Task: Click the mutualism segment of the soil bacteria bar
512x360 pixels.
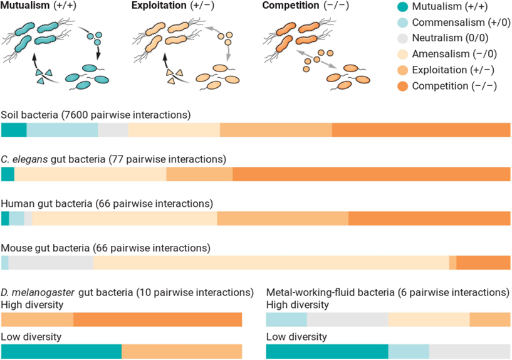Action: click(x=14, y=130)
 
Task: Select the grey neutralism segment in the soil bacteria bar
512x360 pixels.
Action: click(x=113, y=130)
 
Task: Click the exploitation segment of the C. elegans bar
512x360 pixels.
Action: click(x=199, y=174)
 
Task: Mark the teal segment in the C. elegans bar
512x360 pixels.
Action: click(x=8, y=174)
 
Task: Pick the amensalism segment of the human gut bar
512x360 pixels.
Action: click(x=125, y=218)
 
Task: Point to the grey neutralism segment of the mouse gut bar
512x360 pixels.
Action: click(x=51, y=263)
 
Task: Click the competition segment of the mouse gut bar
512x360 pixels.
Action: click(x=483, y=263)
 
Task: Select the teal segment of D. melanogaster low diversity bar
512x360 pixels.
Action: click(x=61, y=351)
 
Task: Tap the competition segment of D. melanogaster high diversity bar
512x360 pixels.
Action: click(x=157, y=319)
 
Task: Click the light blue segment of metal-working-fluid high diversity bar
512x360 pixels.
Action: click(x=286, y=319)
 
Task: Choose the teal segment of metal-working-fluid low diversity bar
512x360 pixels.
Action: click(x=327, y=351)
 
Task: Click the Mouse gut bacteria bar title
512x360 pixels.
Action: click(x=105, y=248)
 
